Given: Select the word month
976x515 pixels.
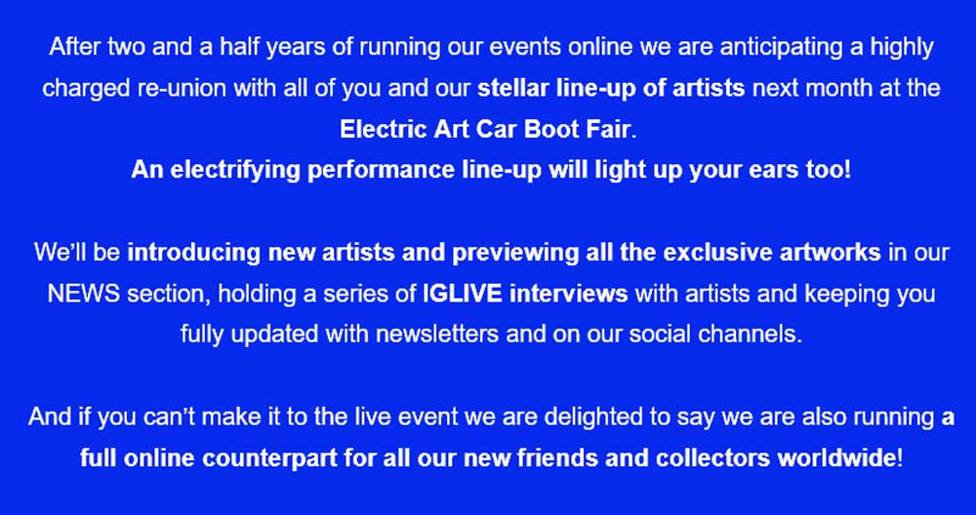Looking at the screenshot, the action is [834, 89].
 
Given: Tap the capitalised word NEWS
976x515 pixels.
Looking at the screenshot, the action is [83, 294].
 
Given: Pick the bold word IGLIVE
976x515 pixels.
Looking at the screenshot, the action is [462, 294].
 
